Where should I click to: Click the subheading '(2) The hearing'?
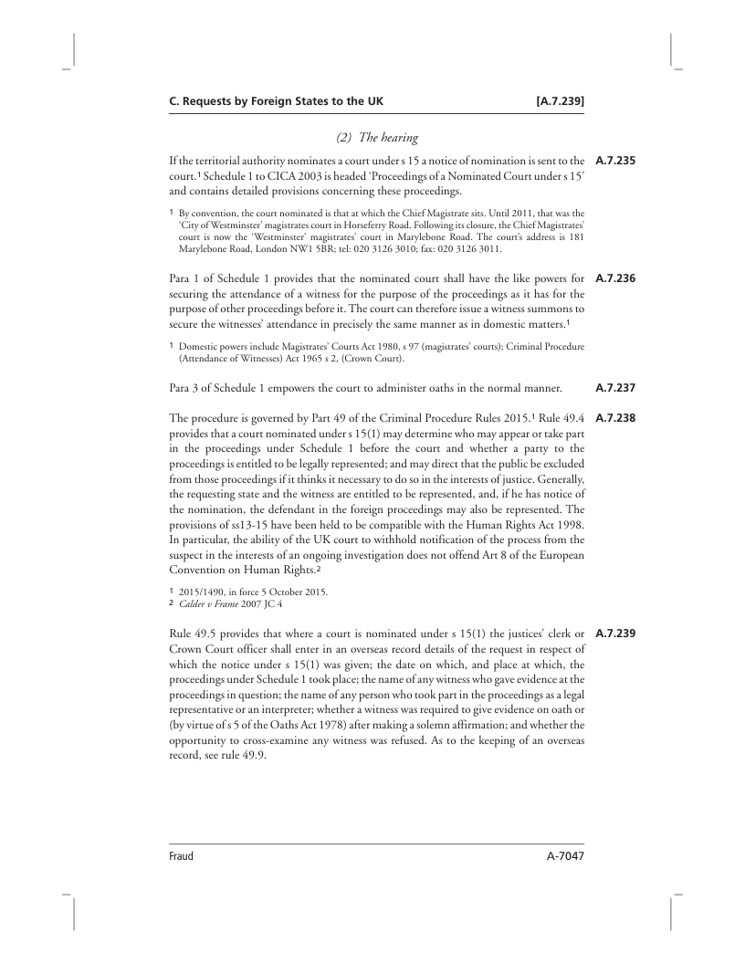(377, 138)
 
